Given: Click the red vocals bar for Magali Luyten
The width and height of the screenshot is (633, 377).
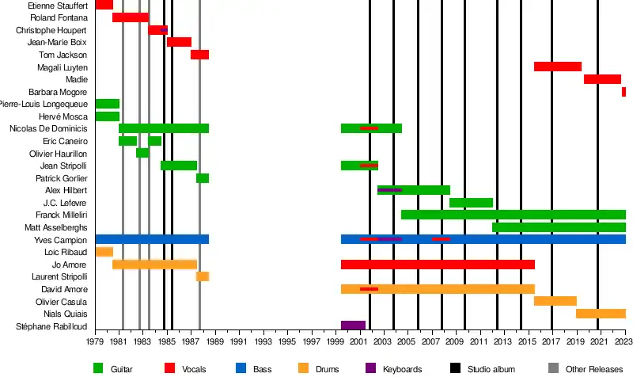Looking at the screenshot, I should (558, 67).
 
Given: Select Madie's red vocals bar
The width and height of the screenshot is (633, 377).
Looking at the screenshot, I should (602, 79).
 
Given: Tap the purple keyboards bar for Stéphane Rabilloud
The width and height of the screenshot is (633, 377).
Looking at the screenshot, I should (353, 326).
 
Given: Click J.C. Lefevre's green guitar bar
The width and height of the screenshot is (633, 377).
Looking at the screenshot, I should (471, 203).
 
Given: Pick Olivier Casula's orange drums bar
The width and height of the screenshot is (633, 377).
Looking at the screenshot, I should (555, 301).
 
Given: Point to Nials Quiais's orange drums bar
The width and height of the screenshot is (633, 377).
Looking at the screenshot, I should (601, 314).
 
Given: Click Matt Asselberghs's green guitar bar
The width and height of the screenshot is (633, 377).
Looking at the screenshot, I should (559, 227).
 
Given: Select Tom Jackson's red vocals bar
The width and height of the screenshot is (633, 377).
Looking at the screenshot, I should (199, 55).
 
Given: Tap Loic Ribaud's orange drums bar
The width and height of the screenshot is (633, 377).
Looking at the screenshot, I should (104, 252).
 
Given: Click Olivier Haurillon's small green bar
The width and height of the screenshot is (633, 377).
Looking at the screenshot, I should (142, 153).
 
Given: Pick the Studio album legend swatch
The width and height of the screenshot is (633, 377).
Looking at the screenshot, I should (455, 368).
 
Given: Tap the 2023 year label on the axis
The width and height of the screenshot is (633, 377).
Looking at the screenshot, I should (625, 342).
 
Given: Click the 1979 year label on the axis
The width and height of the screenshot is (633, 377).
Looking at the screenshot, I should (95, 342).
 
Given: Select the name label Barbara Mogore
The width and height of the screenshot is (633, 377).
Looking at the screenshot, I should (58, 92).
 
